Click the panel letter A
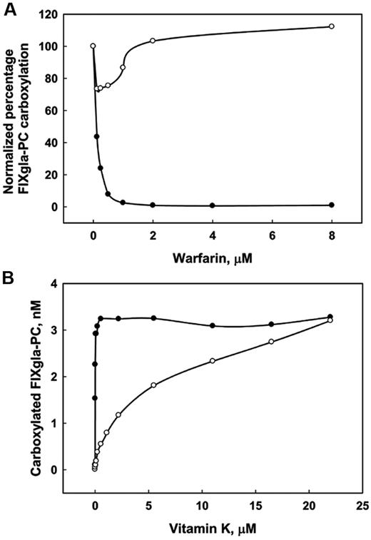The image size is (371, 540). [9, 8]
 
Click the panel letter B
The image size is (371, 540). [9, 274]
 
